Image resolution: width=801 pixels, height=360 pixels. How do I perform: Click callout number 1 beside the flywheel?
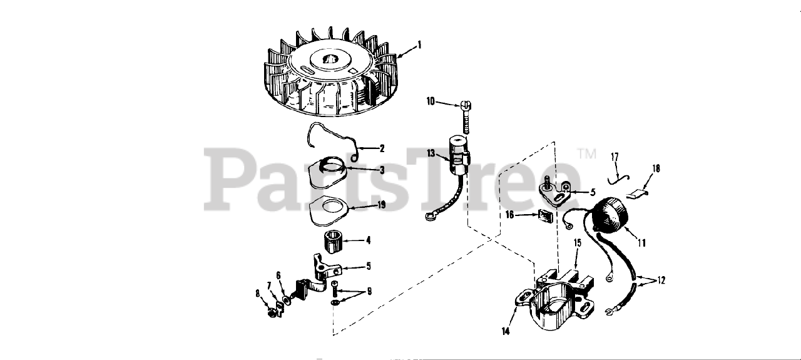[419, 45]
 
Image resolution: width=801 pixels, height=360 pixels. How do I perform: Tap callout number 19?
[382, 205]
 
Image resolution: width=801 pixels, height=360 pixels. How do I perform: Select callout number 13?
[431, 153]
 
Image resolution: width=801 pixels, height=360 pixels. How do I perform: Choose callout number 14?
[505, 331]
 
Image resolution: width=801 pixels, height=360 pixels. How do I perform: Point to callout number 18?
[656, 168]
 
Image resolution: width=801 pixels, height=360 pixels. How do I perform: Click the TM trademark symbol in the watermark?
[587, 153]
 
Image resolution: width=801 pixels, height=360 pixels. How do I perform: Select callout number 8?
[257, 294]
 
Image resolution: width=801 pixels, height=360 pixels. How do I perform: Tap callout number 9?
[369, 291]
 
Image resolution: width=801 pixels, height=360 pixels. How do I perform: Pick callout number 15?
[578, 243]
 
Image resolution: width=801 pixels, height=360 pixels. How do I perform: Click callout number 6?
[278, 275]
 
